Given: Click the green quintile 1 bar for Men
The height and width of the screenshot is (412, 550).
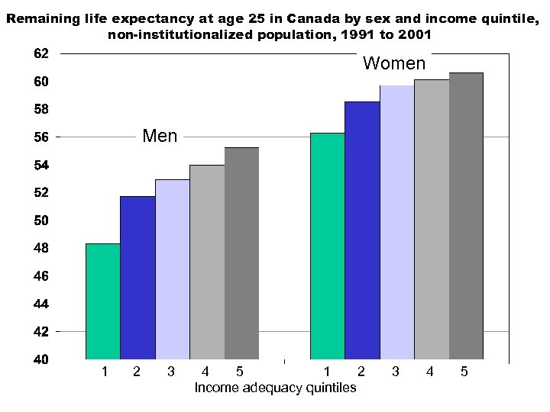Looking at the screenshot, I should tap(103, 301).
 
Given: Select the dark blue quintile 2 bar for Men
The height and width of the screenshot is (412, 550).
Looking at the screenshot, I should tap(137, 278).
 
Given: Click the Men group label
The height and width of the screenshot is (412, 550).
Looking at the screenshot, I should tap(160, 137).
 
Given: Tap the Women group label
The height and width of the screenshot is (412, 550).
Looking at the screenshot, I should tap(393, 63).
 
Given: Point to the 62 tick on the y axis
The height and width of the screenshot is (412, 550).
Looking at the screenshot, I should tap(40, 53).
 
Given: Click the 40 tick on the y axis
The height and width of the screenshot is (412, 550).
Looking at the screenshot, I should tap(40, 359).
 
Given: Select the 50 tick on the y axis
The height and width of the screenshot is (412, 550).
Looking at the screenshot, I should tap(40, 220).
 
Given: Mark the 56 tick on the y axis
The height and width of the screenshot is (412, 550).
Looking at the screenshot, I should tap(40, 137).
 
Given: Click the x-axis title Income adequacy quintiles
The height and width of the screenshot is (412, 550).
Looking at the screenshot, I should tap(275, 388).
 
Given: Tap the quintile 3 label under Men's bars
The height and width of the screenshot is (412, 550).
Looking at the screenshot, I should tap(170, 372).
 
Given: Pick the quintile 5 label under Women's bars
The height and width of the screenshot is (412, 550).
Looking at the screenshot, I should tap(464, 372).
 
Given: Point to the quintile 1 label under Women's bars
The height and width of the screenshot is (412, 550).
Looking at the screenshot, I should tap(327, 372).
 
